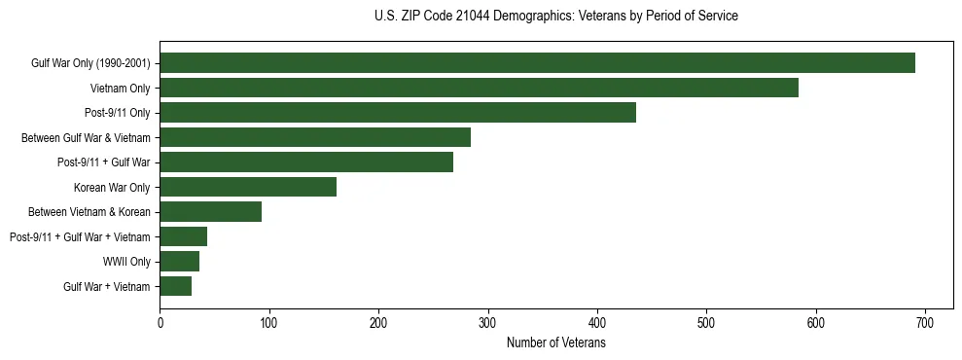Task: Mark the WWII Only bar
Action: tap(179, 261)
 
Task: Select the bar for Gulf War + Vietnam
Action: tap(175, 286)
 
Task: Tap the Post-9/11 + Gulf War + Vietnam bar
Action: tap(183, 236)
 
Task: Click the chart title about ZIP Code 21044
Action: tap(555, 17)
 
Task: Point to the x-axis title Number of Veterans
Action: tap(555, 343)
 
